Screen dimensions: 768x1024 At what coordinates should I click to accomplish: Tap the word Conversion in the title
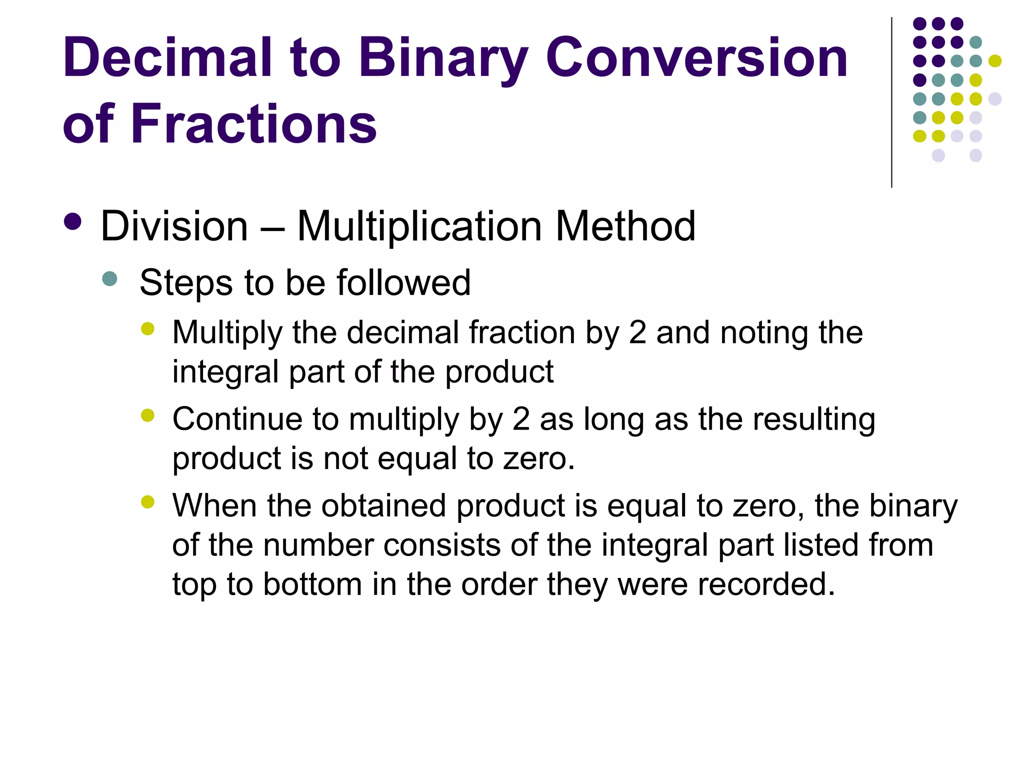coord(696,58)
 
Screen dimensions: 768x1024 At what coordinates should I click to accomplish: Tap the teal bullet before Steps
coord(109,278)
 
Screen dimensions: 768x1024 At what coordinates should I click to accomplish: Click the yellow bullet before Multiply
coord(147,328)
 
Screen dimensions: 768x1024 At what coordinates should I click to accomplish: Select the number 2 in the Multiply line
coord(637,333)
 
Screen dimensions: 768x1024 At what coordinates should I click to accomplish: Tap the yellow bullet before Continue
coord(147,415)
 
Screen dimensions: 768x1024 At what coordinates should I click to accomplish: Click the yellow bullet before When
coord(147,501)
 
